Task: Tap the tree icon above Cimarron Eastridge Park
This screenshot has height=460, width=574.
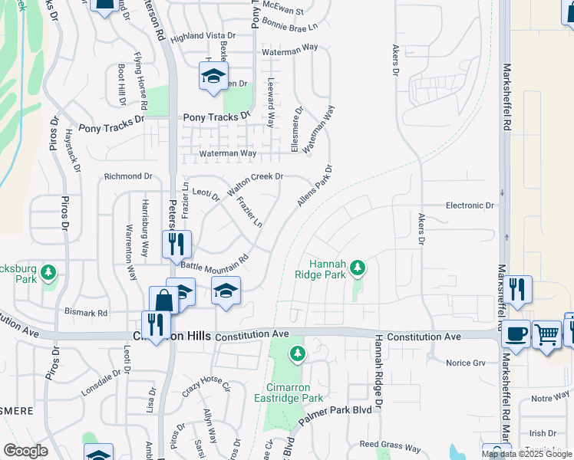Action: (298, 353)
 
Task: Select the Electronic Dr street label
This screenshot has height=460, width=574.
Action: (470, 205)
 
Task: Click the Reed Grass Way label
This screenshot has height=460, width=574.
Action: (390, 446)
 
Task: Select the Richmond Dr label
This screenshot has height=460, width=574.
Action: (128, 176)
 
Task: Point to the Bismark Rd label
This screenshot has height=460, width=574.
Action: (85, 313)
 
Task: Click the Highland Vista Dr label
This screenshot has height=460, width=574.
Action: (203, 36)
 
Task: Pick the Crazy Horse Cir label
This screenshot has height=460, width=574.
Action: (206, 385)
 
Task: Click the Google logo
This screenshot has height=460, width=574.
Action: (25, 451)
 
